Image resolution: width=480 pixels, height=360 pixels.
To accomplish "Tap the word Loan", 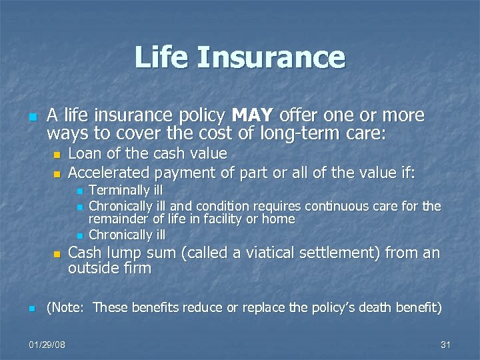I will [85, 154].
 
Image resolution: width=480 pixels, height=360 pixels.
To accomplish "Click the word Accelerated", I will [109, 173].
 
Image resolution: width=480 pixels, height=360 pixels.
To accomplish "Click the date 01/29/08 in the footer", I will [48, 345].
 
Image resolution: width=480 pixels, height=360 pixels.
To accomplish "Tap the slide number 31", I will [446, 345].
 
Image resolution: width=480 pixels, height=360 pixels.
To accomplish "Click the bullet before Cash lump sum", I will [57, 255].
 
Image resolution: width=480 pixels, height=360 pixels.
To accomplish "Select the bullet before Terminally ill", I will [79, 192].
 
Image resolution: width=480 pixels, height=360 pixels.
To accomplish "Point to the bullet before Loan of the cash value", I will [57, 155].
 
